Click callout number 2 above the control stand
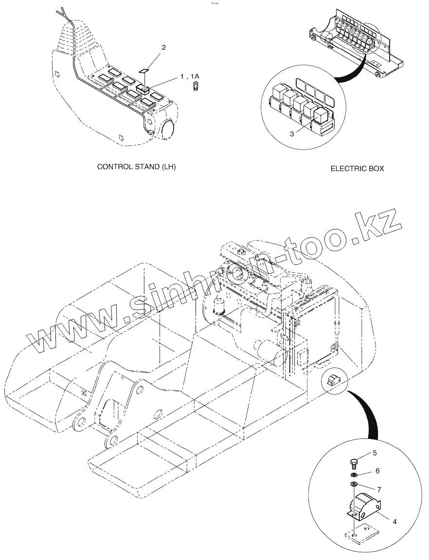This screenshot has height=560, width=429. point(164,47)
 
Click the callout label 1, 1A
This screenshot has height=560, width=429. point(190,76)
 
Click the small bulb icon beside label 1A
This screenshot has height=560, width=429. point(195,88)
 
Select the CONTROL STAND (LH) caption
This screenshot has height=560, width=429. point(137,167)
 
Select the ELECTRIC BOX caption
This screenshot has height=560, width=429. point(357,169)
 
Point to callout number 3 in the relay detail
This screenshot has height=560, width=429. point(292,134)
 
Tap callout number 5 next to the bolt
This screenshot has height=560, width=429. point(375,453)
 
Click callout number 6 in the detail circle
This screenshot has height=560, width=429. point(377,471)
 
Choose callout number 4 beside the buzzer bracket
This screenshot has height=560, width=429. point(394,522)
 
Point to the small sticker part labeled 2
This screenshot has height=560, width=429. point(144,70)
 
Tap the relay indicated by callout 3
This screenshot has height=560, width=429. point(321,115)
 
